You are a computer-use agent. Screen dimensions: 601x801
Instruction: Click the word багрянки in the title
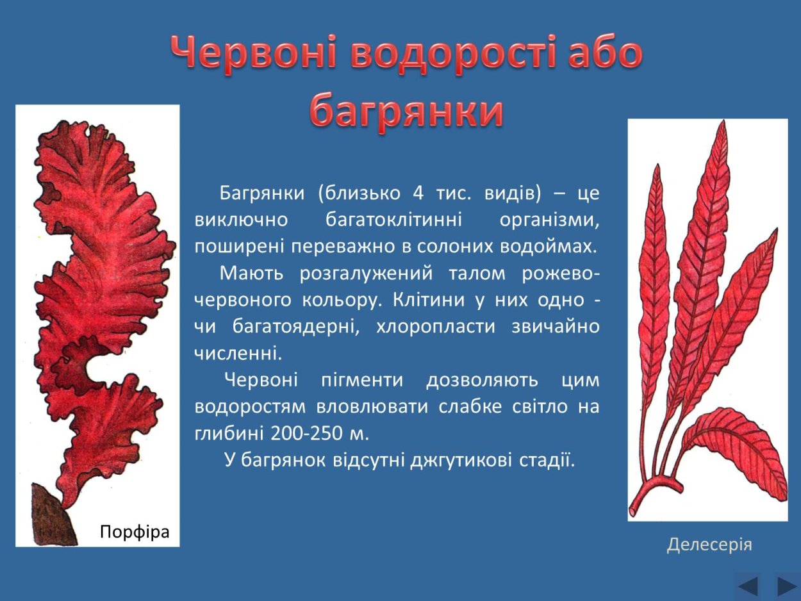(407, 110)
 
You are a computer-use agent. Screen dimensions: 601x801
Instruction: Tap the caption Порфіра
(135, 531)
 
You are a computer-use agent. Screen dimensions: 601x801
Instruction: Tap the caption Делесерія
(709, 545)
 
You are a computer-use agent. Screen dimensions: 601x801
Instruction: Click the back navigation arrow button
(748, 586)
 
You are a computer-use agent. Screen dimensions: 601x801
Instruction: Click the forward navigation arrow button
(786, 586)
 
